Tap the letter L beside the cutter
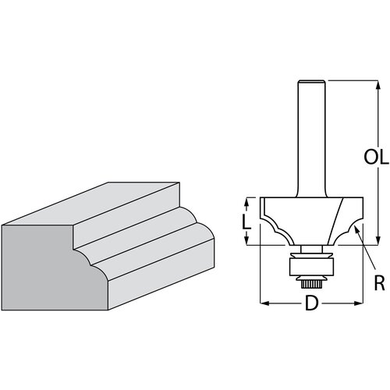click(246, 222)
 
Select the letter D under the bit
click(311, 303)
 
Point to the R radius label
click(379, 282)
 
